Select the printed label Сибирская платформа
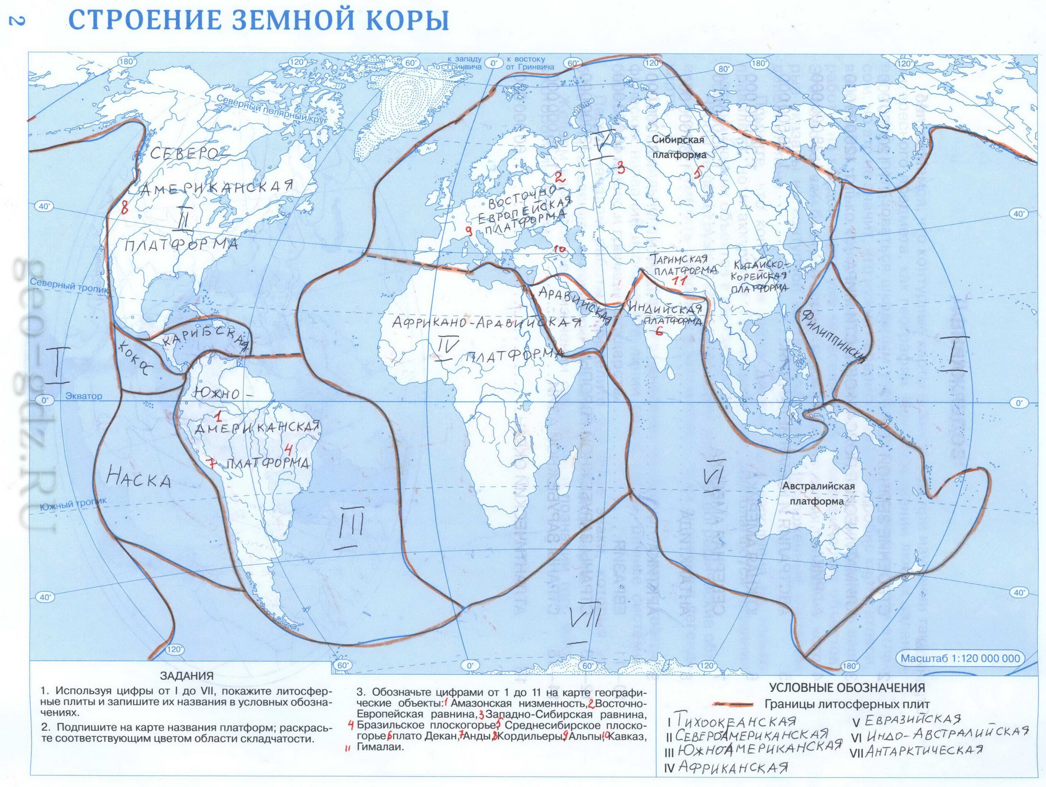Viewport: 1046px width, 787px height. [x=679, y=147]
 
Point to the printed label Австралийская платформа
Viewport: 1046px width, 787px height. [x=811, y=493]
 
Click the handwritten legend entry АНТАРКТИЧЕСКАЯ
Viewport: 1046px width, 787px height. [x=925, y=751]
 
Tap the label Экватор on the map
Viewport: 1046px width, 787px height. [x=84, y=396]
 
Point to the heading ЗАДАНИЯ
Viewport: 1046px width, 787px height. [x=187, y=676]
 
